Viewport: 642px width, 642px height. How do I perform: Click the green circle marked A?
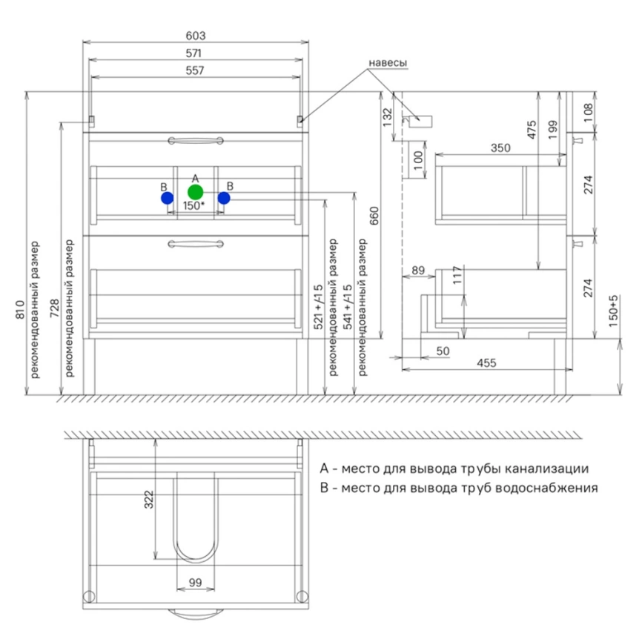tap(195, 192)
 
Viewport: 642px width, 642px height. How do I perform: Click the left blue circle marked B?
tap(167, 198)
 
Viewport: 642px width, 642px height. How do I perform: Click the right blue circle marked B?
tap(224, 198)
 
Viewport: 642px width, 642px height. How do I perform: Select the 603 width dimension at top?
tap(196, 36)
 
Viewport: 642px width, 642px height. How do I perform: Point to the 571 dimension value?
tap(193, 53)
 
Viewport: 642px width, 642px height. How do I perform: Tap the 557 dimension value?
tap(195, 70)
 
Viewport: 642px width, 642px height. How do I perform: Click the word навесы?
tap(388, 63)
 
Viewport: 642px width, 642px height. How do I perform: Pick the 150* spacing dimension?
tap(193, 205)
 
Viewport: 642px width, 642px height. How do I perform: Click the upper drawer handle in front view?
tap(196, 141)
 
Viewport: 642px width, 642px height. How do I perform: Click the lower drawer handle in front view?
tap(196, 244)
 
